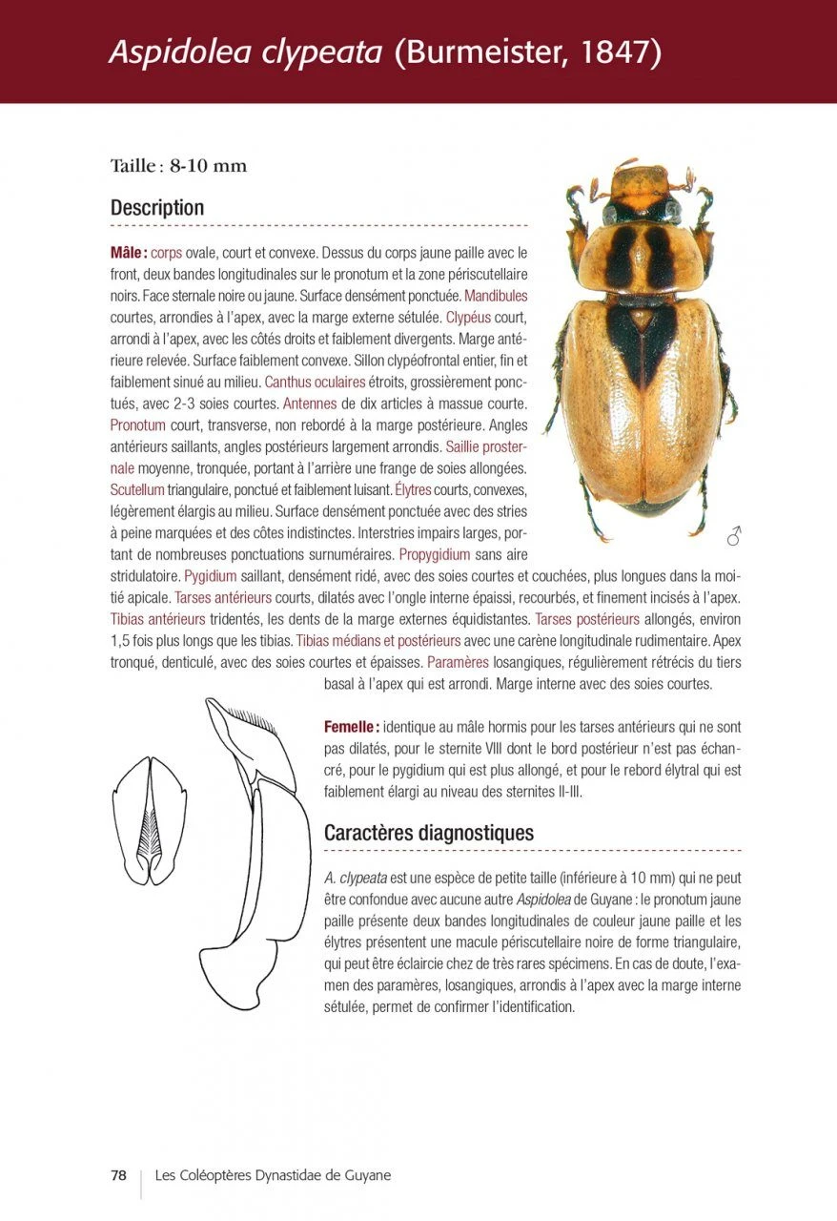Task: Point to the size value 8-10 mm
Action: click(208, 166)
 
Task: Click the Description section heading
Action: click(157, 207)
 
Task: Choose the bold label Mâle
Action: click(128, 254)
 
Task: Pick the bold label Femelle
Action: click(351, 727)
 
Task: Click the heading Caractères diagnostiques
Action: click(428, 833)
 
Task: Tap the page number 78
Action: click(118, 1175)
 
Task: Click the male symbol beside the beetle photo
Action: click(734, 536)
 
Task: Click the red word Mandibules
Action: click(496, 296)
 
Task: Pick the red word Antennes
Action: click(310, 403)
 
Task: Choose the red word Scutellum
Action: click(137, 489)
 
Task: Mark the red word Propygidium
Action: click(435, 554)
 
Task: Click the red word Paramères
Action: click(459, 662)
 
